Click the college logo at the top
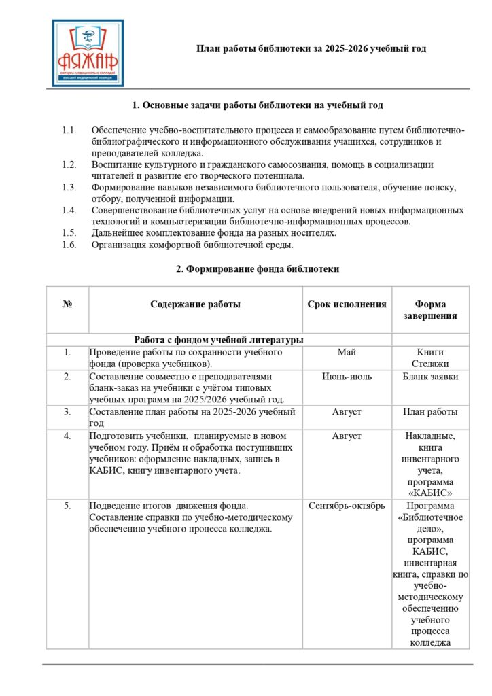coord(88,53)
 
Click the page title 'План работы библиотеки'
coord(311,49)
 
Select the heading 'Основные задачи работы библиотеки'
coord(257,105)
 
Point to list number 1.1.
coord(69,130)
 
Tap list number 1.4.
coord(69,210)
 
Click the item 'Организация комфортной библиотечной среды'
coord(192,245)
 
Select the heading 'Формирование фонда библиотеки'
coord(258,269)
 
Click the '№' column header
coord(67,304)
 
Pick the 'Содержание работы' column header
coord(195,304)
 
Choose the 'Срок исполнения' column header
coord(347,304)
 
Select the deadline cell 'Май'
coord(347,352)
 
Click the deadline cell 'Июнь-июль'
coord(347,377)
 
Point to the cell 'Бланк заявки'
coord(429,377)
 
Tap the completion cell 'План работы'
coord(429,412)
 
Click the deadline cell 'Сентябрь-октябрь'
coord(347,506)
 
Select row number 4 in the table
coord(67,436)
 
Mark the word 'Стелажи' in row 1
coord(429,362)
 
